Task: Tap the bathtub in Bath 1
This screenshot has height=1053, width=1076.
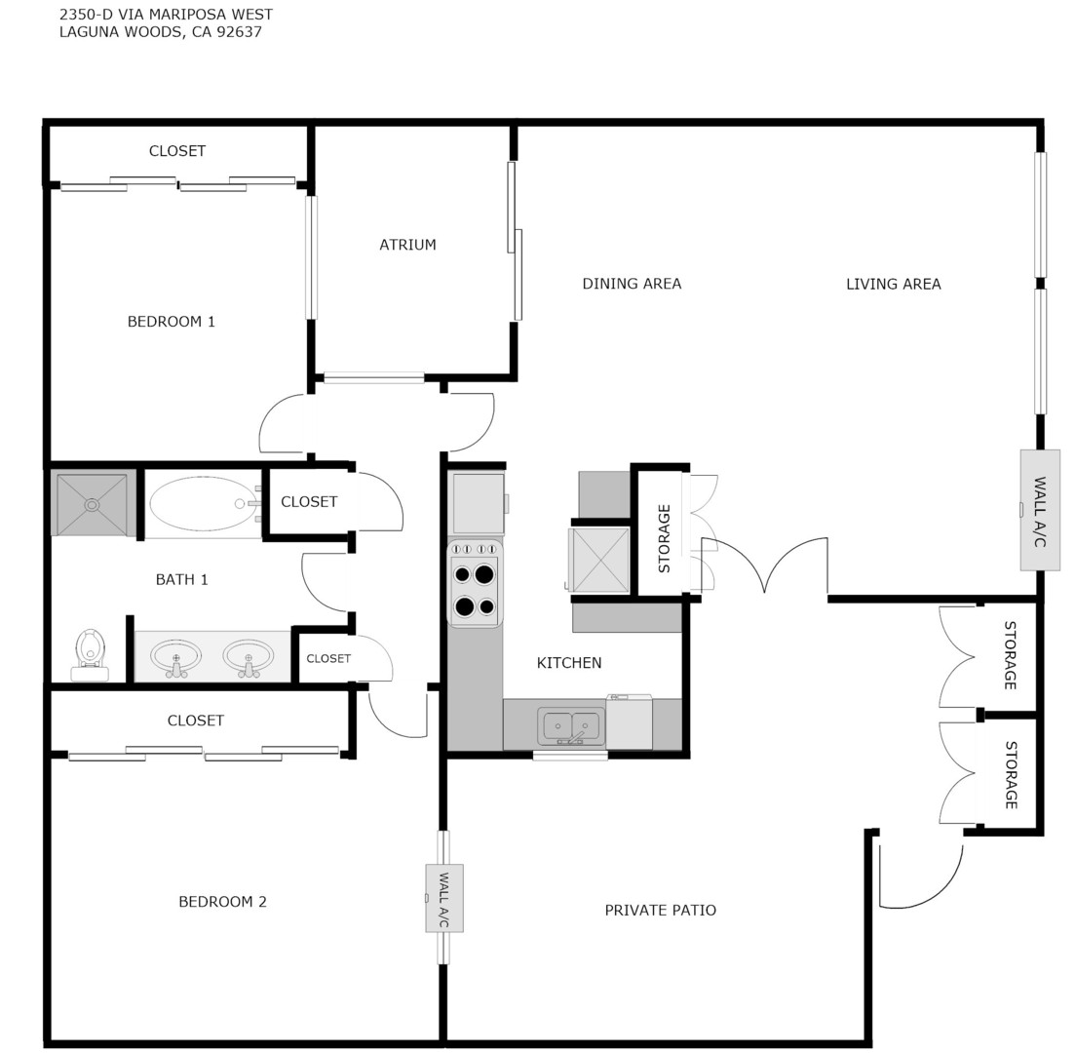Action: (x=203, y=504)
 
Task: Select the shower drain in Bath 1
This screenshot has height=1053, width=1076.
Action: (x=92, y=505)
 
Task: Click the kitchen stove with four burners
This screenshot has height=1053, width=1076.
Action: (x=475, y=583)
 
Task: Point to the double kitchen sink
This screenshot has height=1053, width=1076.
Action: (x=571, y=726)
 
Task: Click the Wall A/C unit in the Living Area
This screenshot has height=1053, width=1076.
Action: (x=1039, y=510)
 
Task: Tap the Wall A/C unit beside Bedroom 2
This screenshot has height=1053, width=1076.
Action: (x=443, y=898)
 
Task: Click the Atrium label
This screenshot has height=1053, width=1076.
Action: (x=407, y=245)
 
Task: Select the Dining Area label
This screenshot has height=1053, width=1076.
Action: (x=632, y=284)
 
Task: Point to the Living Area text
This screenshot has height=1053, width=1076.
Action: (x=893, y=284)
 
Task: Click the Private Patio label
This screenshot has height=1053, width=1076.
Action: (x=660, y=911)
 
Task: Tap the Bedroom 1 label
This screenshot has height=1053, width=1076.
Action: (x=171, y=322)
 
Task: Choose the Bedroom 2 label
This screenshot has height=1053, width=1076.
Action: (x=222, y=902)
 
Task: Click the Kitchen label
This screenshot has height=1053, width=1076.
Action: (x=569, y=663)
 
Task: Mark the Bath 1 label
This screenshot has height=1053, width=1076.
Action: (x=181, y=579)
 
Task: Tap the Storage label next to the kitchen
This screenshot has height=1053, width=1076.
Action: (x=664, y=537)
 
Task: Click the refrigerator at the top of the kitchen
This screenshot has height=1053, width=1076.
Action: (x=478, y=503)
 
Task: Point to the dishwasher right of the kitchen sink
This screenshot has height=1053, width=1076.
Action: (x=629, y=722)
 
